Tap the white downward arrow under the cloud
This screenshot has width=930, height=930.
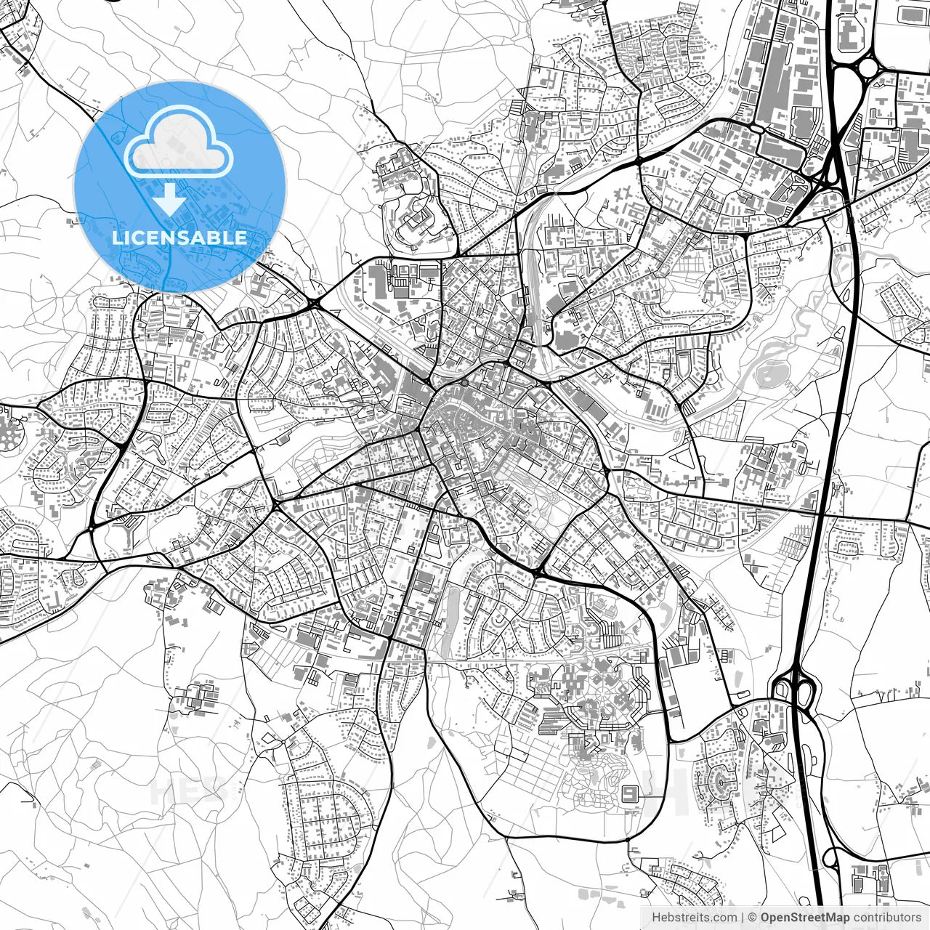(x=169, y=198)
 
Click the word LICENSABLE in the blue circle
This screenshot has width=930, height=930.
(x=179, y=238)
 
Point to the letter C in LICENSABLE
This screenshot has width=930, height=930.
(x=139, y=238)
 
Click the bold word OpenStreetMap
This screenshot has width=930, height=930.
(x=805, y=918)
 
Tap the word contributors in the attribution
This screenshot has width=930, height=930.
(x=887, y=918)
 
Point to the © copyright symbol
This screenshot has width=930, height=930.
(x=753, y=918)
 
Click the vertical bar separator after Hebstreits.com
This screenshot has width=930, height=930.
(x=742, y=918)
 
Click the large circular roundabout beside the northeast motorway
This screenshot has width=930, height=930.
(x=868, y=68)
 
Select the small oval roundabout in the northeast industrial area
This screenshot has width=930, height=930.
(x=756, y=129)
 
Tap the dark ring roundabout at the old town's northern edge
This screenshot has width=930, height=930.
(x=464, y=382)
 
